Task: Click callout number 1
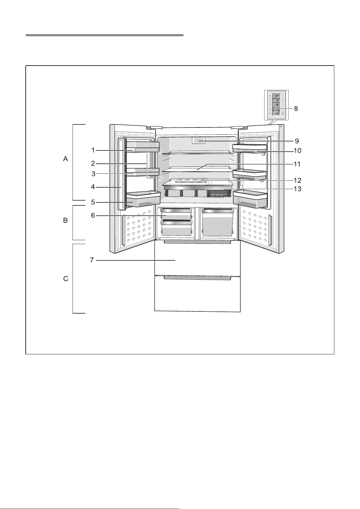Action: (x=93, y=150)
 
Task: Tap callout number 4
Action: (x=93, y=187)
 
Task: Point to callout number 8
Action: (x=296, y=109)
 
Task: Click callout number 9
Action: (x=297, y=141)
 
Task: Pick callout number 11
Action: (x=297, y=164)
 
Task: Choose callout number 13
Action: (x=297, y=189)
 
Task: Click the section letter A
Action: (x=65, y=159)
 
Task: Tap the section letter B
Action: (x=65, y=221)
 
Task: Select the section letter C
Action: (x=65, y=279)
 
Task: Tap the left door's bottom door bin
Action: (x=143, y=199)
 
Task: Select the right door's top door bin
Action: (x=250, y=148)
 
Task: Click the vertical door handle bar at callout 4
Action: (x=122, y=174)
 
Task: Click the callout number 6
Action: (x=93, y=215)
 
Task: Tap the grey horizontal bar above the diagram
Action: (x=104, y=35)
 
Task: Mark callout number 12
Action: (x=297, y=180)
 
